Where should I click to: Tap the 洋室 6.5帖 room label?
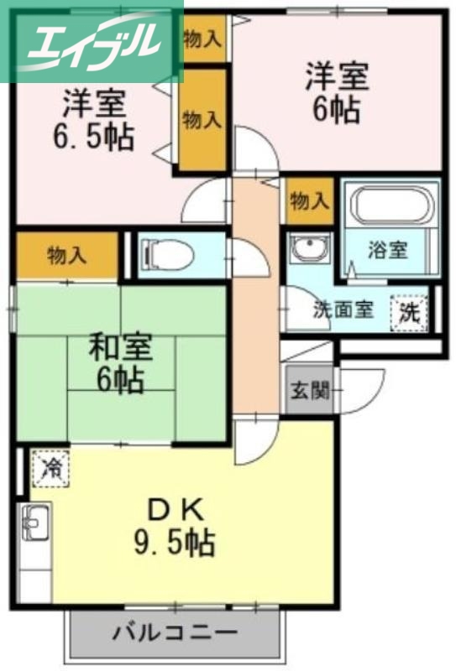[x=96, y=120]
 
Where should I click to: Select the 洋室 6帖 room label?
[x=336, y=92]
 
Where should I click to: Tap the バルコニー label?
[x=175, y=632]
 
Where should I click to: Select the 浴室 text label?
[x=388, y=251]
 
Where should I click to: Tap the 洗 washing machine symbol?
[x=409, y=313]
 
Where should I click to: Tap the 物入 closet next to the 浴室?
[x=309, y=201]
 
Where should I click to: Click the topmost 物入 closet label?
[x=202, y=38]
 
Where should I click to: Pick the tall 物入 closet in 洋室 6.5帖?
[x=202, y=120]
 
